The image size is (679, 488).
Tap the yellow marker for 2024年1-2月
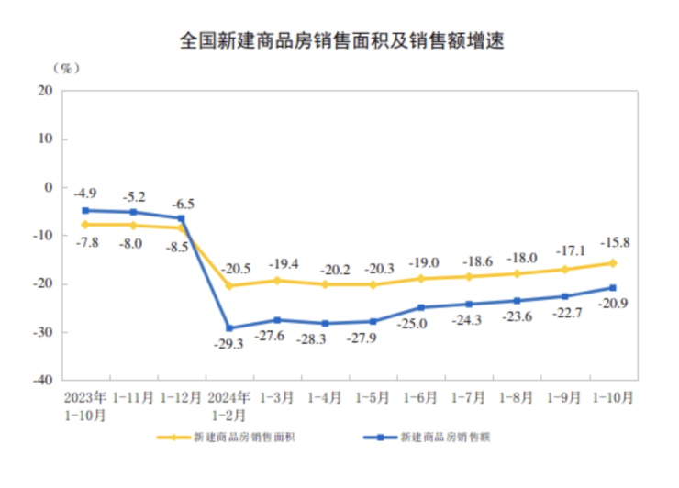[229, 286]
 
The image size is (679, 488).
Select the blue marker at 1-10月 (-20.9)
[613, 288]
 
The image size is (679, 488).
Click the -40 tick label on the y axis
[42, 379]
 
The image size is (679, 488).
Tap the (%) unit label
[67, 68]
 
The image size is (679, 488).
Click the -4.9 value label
[85, 194]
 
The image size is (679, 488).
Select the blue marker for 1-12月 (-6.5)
[182, 218]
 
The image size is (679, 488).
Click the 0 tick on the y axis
[49, 187]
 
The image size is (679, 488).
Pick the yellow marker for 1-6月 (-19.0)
[421, 279]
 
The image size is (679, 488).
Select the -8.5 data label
[176, 248]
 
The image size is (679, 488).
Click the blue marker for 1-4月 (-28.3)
[325, 324]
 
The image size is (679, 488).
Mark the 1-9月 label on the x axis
[564, 398]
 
